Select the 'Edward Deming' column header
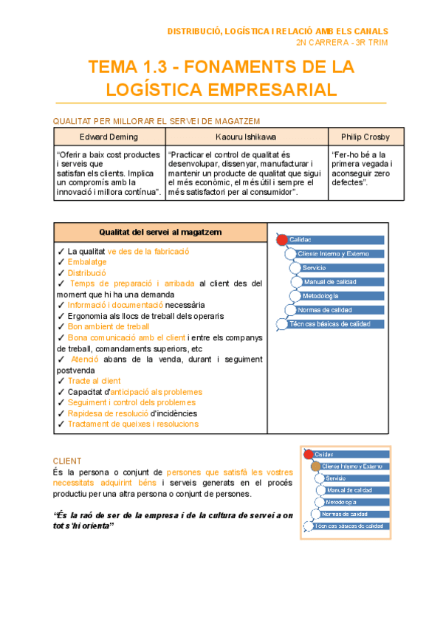pos(109,137)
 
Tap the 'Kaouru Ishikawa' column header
pos(246,137)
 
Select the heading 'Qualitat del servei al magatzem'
pos(160,232)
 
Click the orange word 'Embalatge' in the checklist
pos(87,262)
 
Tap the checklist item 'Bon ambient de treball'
pos(108,326)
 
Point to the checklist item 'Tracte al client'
pos(94,381)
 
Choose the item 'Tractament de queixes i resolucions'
pos(133,424)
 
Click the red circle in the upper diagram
pos(281,240)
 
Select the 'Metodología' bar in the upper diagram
pos(320,296)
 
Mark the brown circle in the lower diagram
pos(315,466)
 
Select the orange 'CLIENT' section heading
pos(67,461)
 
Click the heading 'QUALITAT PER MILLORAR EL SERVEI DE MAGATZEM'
pos(156,121)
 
